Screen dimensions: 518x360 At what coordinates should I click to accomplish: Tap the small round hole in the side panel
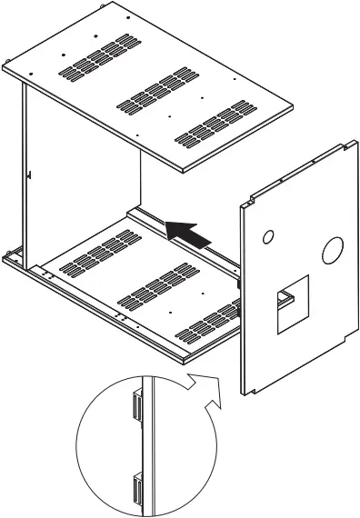pos(267,237)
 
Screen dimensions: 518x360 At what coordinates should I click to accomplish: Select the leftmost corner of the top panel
pos(5,69)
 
